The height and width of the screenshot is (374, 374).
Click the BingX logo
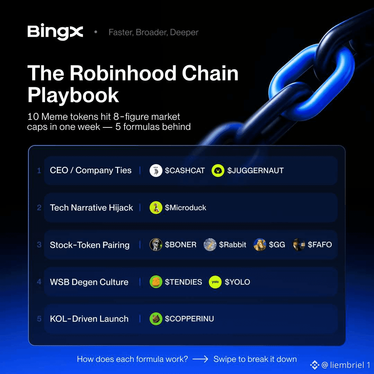tap(55, 32)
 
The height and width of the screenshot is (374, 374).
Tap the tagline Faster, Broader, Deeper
tap(153, 32)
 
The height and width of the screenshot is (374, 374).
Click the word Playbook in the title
tap(73, 95)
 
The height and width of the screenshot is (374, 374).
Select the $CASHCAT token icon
tap(156, 170)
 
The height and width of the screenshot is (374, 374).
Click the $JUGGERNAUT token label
tap(256, 170)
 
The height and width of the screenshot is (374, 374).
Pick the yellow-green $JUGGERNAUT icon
tap(218, 170)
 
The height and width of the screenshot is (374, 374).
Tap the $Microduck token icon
tap(156, 207)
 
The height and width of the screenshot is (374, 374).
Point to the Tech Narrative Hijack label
tap(91, 208)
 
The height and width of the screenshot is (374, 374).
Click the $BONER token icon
tap(156, 245)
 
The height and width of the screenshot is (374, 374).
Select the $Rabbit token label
tap(233, 245)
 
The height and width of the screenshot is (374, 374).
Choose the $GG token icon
tap(260, 245)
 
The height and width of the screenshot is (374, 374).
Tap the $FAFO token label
tap(320, 245)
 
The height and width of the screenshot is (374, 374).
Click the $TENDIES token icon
tap(156, 282)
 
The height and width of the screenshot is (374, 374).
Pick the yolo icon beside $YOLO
tap(215, 282)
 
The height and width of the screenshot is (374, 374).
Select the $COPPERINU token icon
tap(156, 319)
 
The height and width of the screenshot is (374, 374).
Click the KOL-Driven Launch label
tap(89, 319)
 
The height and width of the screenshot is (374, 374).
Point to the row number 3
tap(39, 245)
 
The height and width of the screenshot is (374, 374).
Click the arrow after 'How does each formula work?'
tap(200, 359)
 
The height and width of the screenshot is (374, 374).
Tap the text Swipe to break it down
tap(255, 359)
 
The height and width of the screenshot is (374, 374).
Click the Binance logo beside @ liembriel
tap(314, 365)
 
